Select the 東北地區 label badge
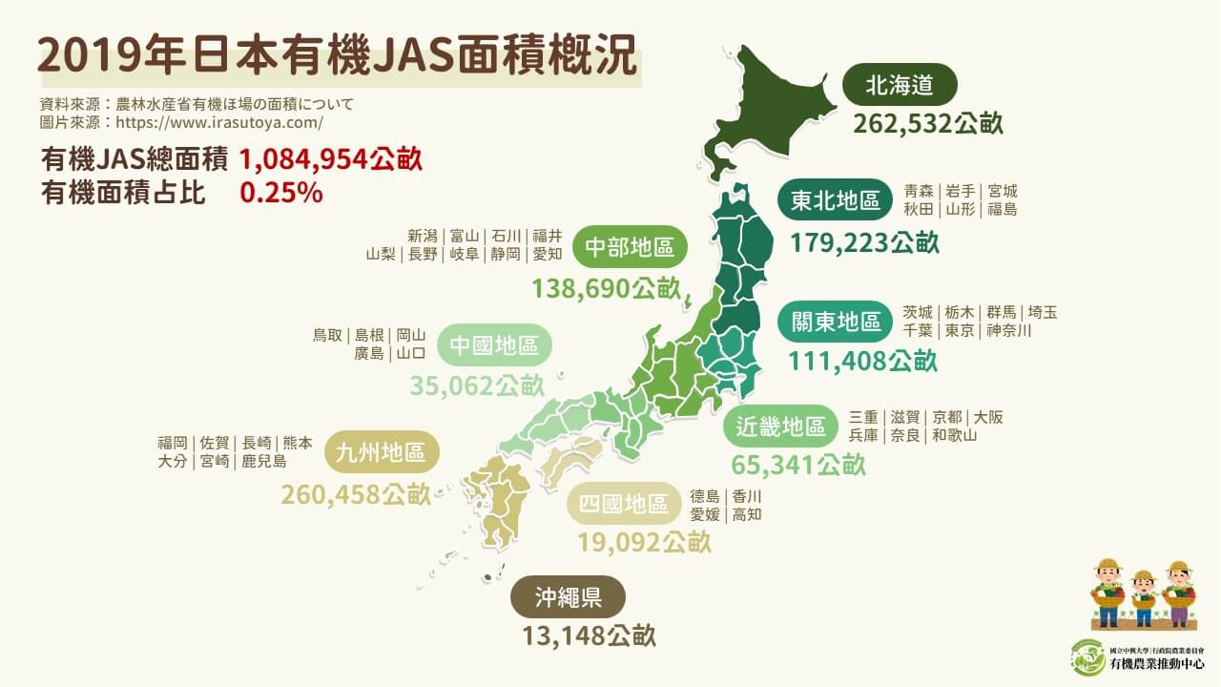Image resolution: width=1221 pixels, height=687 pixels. (x=836, y=201)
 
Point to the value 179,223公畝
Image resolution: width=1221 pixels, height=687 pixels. (x=864, y=242)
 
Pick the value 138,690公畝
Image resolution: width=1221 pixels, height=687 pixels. (x=606, y=288)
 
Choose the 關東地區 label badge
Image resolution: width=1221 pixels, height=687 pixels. (x=836, y=323)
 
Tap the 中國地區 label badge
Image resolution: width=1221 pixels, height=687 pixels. (x=493, y=345)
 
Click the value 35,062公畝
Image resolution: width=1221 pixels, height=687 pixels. (x=477, y=385)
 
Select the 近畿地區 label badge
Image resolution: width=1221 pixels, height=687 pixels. (x=780, y=427)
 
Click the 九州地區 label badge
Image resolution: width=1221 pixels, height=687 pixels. (x=382, y=453)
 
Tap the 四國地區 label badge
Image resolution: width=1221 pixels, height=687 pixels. (x=624, y=505)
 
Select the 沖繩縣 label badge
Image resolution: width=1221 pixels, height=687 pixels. (x=568, y=598)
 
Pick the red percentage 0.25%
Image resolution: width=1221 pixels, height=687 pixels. (x=281, y=192)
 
